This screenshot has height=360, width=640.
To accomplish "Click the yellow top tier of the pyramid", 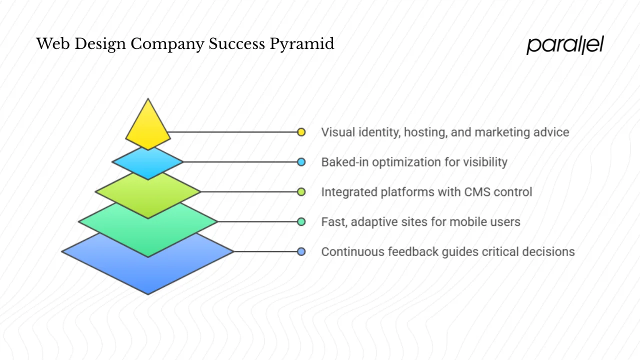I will [x=147, y=127].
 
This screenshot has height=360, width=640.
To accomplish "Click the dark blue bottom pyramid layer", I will [x=147, y=272].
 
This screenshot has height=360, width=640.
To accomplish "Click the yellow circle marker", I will [x=301, y=132].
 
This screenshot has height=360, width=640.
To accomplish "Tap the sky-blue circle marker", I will [x=301, y=162].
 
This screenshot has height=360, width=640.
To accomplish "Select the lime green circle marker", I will [x=301, y=191].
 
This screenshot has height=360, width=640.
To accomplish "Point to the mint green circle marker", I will [x=301, y=221].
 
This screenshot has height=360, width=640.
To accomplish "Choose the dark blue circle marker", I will [x=301, y=251].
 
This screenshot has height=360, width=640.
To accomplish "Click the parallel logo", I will [x=565, y=45].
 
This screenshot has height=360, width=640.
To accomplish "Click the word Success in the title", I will [x=237, y=44].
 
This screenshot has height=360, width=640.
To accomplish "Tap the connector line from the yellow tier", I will [x=232, y=132].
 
